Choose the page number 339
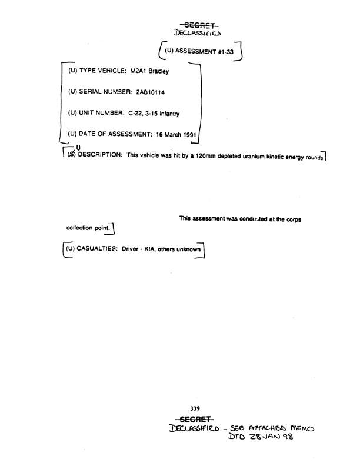[x=196, y=408]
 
